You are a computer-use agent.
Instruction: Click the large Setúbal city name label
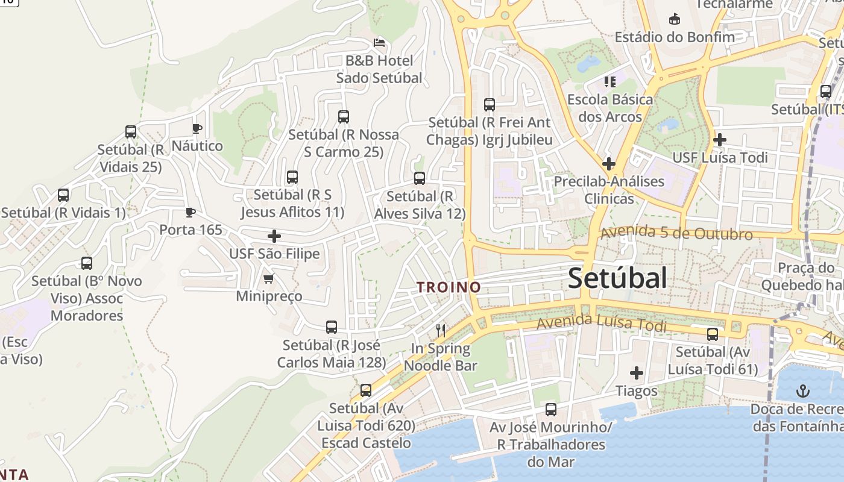(617, 278)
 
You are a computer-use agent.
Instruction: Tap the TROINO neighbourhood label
(449, 287)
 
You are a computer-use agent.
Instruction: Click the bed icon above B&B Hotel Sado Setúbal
(379, 43)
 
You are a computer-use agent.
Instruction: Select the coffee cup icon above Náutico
(197, 128)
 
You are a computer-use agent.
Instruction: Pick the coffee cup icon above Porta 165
(191, 212)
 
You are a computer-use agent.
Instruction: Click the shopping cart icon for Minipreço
(269, 278)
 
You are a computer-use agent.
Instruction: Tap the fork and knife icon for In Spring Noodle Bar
(441, 330)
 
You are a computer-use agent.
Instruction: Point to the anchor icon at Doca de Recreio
(802, 392)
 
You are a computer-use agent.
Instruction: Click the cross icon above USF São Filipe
(274, 236)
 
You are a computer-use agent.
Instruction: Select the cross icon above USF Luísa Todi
(719, 140)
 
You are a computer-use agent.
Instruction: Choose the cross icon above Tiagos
(637, 373)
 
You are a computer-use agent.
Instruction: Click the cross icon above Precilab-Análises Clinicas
(609, 163)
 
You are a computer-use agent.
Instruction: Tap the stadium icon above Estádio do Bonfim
(675, 19)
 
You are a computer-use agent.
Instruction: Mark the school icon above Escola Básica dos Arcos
(610, 81)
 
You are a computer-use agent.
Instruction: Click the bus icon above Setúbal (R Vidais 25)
(131, 132)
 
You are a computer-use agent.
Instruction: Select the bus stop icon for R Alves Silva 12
(420, 178)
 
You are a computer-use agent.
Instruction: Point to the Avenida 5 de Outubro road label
(676, 233)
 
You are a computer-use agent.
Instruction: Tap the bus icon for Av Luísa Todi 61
(713, 334)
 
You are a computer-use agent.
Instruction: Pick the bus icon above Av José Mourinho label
(551, 410)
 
